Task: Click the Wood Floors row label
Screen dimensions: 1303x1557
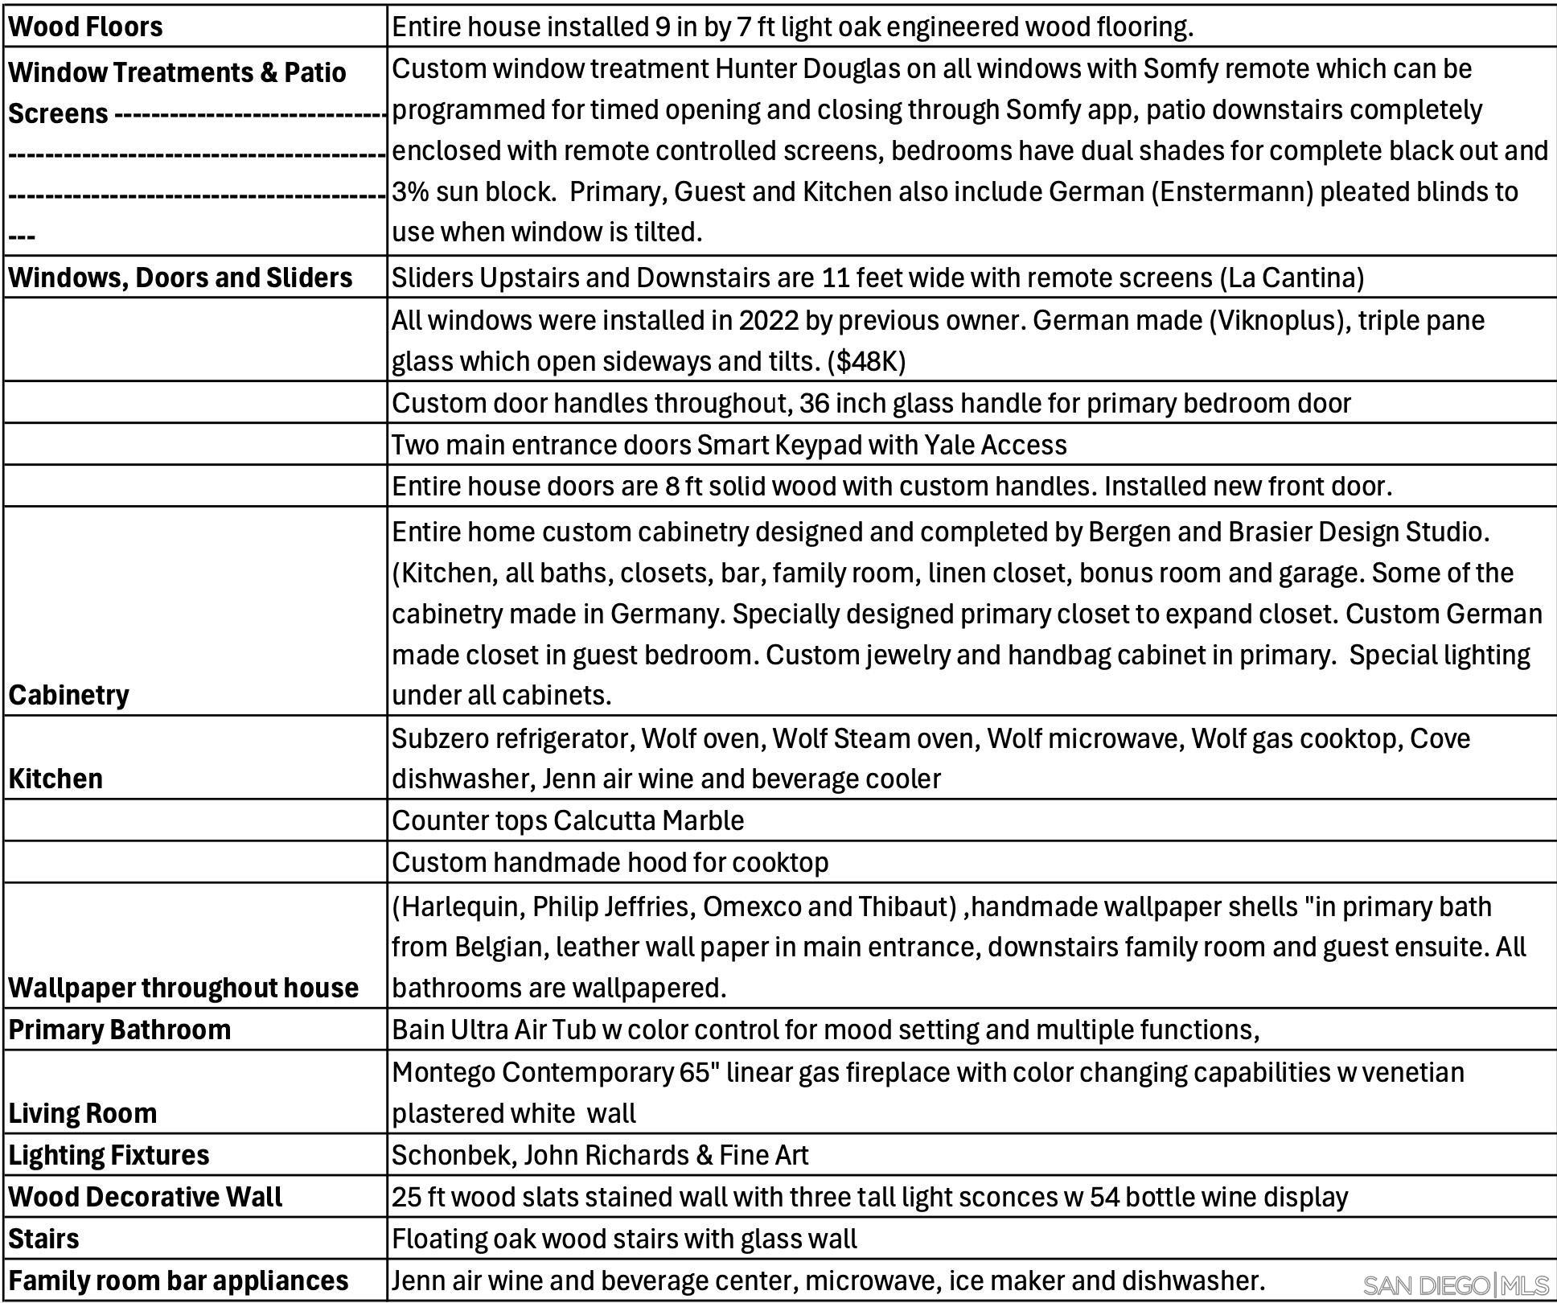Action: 85,27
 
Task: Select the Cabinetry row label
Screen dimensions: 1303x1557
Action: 68,695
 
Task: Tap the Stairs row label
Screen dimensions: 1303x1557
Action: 43,1239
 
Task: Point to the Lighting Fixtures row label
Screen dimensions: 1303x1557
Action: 109,1155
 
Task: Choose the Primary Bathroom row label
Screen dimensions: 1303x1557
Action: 119,1030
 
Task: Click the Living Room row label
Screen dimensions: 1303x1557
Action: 83,1113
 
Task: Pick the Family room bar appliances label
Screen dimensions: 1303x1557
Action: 179,1280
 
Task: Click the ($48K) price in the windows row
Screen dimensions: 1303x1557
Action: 866,362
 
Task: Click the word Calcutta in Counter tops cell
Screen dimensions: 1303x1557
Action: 605,820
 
